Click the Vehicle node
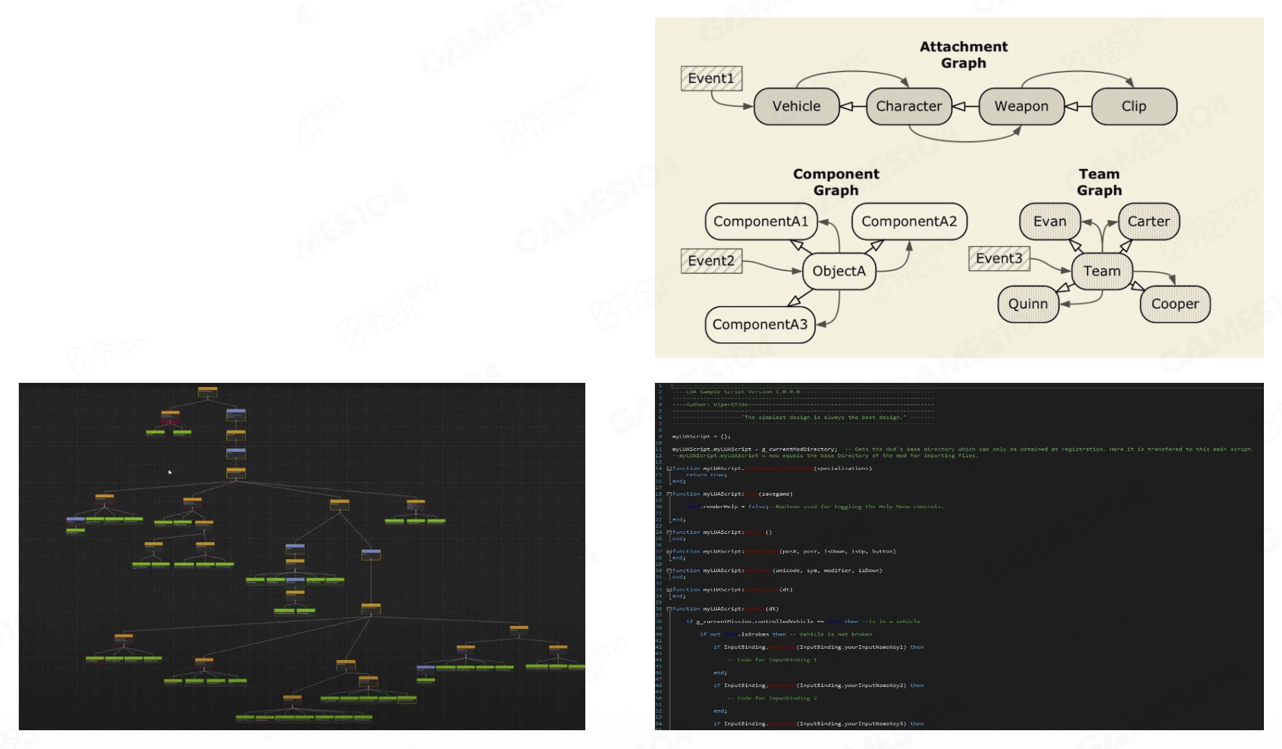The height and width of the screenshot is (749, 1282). click(796, 107)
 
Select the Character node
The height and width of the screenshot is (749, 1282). click(908, 107)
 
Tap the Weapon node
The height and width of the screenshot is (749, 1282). click(1021, 107)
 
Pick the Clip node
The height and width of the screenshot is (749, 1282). click(1134, 107)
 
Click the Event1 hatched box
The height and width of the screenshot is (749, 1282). click(711, 79)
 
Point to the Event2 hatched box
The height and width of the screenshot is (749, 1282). click(711, 261)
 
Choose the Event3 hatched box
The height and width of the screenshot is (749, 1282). click(999, 259)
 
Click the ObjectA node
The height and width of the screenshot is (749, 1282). click(839, 271)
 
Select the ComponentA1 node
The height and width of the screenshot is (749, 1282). click(761, 221)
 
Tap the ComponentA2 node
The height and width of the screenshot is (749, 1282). click(909, 221)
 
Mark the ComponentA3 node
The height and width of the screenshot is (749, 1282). click(760, 324)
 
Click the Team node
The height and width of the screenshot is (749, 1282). click(1102, 271)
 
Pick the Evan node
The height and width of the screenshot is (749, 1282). click(1050, 221)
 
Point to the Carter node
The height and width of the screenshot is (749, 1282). click(1148, 221)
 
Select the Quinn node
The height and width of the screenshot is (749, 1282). click(1028, 304)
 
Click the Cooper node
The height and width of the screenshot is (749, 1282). click(1175, 304)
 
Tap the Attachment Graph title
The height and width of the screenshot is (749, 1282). click(963, 55)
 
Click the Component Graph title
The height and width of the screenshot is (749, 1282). click(836, 182)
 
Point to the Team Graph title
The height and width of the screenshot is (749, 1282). click(1099, 182)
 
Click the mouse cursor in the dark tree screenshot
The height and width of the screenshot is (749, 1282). click(170, 472)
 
